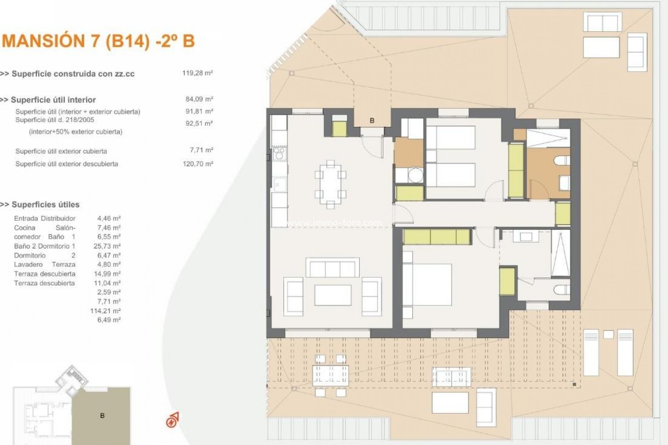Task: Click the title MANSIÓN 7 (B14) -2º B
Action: point(98,41)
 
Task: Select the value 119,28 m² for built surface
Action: point(197,73)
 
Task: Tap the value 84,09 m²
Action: point(199,99)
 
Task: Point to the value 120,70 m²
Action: point(198,164)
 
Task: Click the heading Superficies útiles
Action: point(45,204)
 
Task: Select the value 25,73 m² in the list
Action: point(107,246)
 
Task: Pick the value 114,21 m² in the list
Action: point(105,311)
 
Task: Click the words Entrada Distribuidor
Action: point(45,218)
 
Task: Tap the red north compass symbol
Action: point(173,420)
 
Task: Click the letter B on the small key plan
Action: point(102,415)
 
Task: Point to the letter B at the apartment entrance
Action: point(372,121)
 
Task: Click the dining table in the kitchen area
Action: point(331,184)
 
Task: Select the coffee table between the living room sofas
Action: point(333,295)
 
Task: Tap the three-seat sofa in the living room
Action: point(332,268)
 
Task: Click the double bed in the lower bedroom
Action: point(427,284)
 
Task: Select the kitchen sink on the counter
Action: point(279,184)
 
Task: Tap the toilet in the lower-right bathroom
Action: point(563,290)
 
